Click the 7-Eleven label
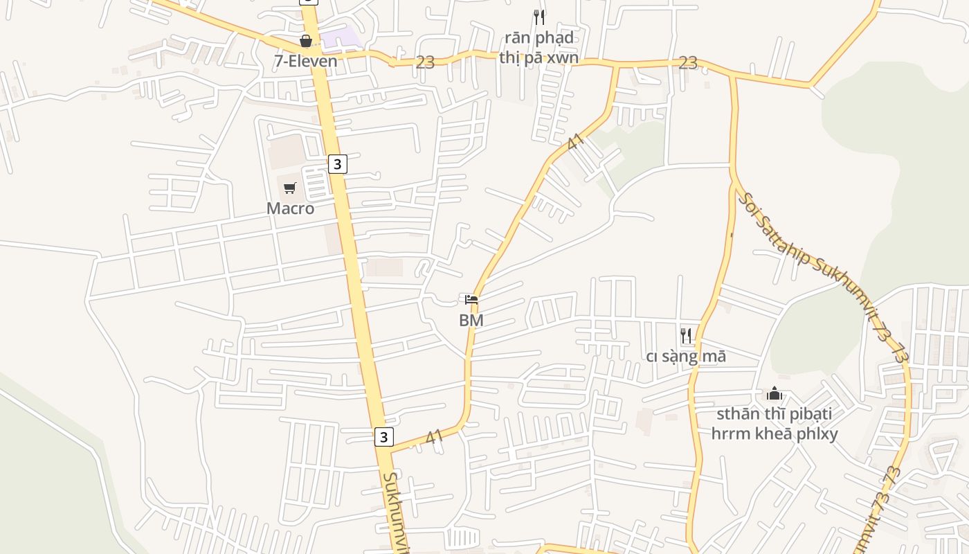click(305, 61)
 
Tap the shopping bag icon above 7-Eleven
click(305, 42)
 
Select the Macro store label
click(290, 208)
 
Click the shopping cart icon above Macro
click(290, 188)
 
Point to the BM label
click(471, 321)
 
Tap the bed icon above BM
click(471, 300)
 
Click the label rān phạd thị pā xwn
click(538, 47)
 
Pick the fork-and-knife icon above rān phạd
click(539, 17)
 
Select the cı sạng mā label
click(686, 357)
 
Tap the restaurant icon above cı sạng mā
click(686, 336)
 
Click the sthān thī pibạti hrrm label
click(775, 424)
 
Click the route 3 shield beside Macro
click(337, 164)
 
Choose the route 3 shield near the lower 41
click(384, 437)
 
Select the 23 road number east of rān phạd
click(688, 63)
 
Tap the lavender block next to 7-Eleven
click(341, 39)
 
